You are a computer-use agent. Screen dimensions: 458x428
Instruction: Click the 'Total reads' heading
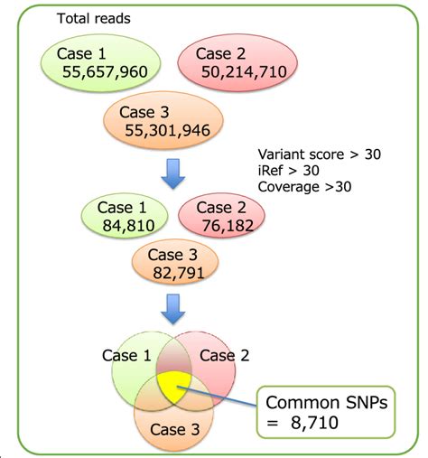click(x=93, y=18)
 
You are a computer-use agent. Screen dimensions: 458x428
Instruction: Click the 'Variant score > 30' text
click(x=319, y=154)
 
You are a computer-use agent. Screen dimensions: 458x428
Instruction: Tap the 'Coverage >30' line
click(x=304, y=187)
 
